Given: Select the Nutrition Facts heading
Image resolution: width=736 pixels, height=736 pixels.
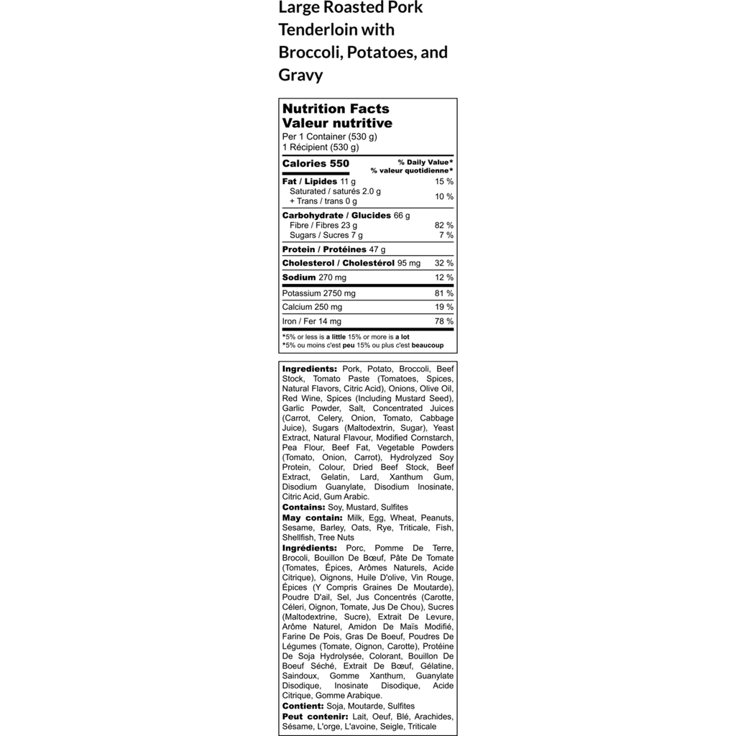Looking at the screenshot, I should pyautogui.click(x=336, y=109).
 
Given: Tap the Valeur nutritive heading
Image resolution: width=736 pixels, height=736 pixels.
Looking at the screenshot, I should pyautogui.click(x=337, y=123).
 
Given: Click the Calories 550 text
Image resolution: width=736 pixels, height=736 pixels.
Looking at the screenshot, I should pyautogui.click(x=316, y=164).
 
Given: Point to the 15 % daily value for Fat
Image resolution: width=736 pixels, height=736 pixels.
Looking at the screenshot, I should pyautogui.click(x=444, y=182).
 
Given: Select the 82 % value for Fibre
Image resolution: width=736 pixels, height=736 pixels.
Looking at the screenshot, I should pyautogui.click(x=444, y=225).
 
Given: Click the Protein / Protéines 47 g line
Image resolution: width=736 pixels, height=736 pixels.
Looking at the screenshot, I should pyautogui.click(x=333, y=249).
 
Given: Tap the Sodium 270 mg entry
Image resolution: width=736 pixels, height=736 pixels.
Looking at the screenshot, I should pyautogui.click(x=314, y=277).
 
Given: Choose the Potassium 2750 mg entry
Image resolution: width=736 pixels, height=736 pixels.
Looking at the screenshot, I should pyautogui.click(x=318, y=293).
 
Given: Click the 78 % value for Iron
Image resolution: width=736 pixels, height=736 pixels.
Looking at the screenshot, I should pyautogui.click(x=444, y=321).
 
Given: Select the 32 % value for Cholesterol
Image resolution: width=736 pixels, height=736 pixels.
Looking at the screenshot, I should pyautogui.click(x=444, y=263).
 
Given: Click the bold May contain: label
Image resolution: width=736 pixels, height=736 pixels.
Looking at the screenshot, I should pyautogui.click(x=312, y=517).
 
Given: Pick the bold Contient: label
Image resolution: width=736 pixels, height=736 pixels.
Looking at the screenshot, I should pyautogui.click(x=303, y=706).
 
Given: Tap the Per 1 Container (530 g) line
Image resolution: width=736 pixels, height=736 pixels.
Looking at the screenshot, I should pyautogui.click(x=330, y=137).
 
